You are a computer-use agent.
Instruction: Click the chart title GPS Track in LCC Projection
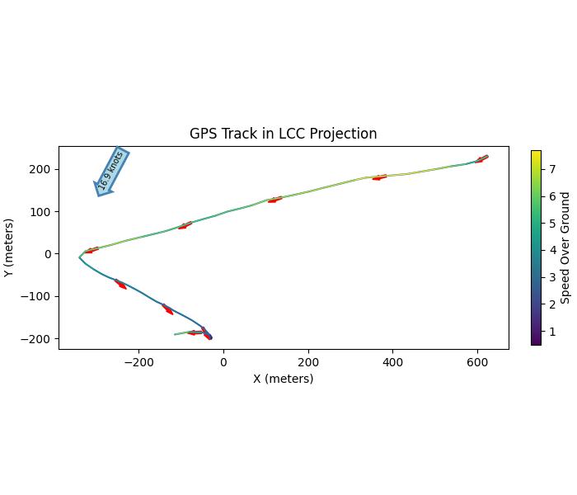tap(283, 134)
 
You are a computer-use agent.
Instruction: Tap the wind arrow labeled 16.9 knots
tap(111, 171)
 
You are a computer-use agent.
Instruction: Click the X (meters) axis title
tap(283, 379)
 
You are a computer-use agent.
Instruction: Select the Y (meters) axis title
tap(9, 247)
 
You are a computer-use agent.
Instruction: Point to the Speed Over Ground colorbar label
tap(565, 247)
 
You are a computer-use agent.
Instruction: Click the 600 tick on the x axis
tap(476, 361)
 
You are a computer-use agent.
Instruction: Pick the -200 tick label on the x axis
tap(139, 361)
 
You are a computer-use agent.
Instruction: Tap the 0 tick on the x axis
tap(223, 361)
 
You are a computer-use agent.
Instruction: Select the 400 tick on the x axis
tap(392, 361)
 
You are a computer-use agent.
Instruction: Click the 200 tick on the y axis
tap(41, 169)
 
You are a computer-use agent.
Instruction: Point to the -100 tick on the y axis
tap(38, 296)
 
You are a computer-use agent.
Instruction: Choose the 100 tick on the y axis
tap(41, 212)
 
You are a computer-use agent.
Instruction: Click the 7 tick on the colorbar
tap(553, 169)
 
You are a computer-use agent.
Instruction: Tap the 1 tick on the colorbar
tap(553, 332)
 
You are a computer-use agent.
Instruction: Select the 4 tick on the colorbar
tap(553, 250)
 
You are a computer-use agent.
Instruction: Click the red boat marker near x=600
tap(481, 158)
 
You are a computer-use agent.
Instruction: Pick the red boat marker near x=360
tap(379, 177)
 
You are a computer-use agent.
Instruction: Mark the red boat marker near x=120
tap(274, 200)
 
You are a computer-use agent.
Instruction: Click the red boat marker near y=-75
tap(120, 285)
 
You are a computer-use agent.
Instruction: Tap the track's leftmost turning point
tap(79, 257)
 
